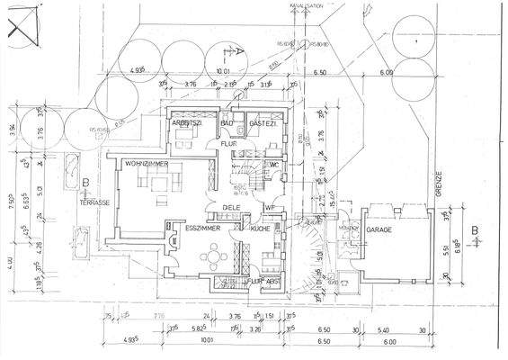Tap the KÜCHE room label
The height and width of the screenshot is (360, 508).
(261, 229)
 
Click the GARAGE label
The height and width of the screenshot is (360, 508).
(379, 229)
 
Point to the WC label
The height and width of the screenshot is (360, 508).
(274, 165)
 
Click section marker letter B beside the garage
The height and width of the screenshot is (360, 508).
(474, 229)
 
